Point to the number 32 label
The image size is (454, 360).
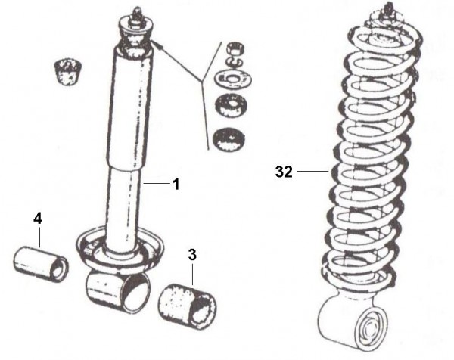[x=284, y=172]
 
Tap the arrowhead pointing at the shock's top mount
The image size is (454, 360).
[x=157, y=46]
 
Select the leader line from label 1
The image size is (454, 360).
[x=156, y=182]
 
